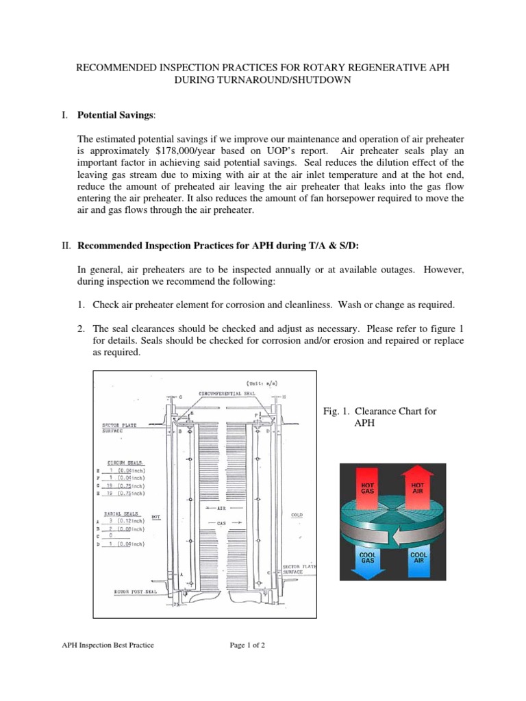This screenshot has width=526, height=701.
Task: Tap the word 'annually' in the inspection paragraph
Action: (x=277, y=271)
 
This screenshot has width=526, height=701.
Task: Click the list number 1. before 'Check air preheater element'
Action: (x=82, y=304)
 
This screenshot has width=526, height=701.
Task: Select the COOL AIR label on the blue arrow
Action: (x=418, y=558)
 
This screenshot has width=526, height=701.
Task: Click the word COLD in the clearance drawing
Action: (x=296, y=514)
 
